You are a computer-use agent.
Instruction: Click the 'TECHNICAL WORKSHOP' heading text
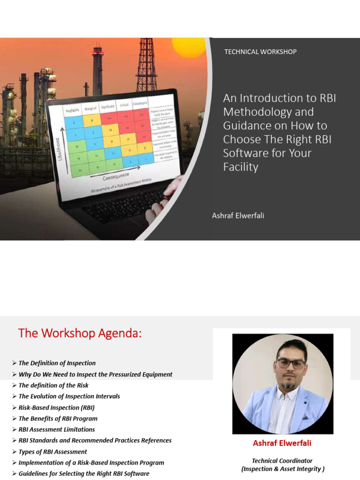[260, 52]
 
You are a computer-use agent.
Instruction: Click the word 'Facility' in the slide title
[240, 167]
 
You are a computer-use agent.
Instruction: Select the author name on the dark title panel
[238, 216]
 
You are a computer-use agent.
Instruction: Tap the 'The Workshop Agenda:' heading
[80, 333]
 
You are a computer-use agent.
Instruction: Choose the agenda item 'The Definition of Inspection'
[57, 363]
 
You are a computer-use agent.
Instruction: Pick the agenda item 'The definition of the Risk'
[53, 385]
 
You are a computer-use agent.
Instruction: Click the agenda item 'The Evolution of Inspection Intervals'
[69, 397]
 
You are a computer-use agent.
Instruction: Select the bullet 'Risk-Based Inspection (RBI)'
[58, 407]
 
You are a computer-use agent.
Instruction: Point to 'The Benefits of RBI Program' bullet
[58, 419]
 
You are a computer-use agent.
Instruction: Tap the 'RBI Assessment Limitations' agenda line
[56, 429]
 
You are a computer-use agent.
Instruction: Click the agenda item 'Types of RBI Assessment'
[52, 452]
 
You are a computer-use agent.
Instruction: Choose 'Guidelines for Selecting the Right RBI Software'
[84, 474]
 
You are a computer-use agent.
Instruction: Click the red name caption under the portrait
[282, 443]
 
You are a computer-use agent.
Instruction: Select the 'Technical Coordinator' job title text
[282, 461]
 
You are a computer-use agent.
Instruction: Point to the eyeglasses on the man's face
[291, 364]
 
